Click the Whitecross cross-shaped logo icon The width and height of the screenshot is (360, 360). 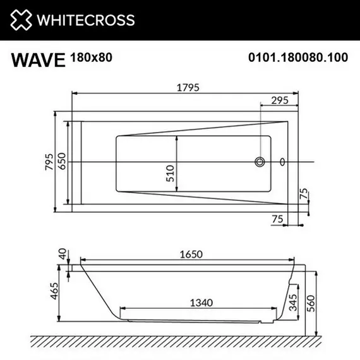point(20,20)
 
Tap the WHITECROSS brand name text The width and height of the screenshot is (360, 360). point(85,20)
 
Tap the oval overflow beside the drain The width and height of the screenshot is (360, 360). point(282,162)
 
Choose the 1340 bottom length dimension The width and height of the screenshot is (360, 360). point(199,303)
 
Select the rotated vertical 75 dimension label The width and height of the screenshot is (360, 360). point(304,193)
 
